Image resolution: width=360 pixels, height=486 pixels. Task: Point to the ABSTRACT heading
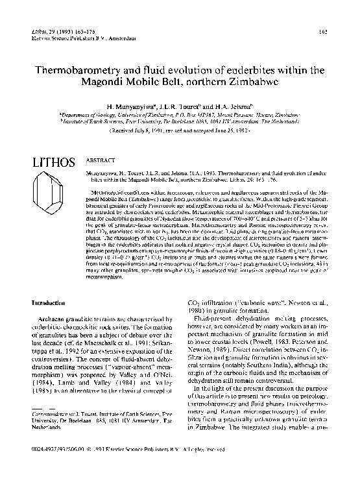pyautogui.click(x=99, y=158)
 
